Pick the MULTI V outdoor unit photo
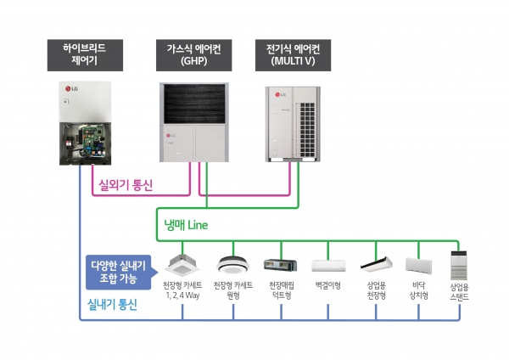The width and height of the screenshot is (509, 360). [x=296, y=122]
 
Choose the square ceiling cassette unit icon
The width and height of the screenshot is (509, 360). [x=182, y=263]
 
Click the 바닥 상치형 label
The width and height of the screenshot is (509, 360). [x=418, y=290]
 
